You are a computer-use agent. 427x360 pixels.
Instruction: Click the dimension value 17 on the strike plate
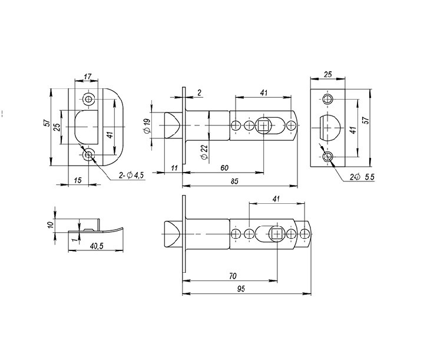click(87, 77)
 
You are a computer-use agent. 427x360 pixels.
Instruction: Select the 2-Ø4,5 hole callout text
click(131, 175)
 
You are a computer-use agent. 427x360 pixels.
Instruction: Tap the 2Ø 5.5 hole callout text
click(362, 177)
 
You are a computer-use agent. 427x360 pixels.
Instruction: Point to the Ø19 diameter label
click(147, 126)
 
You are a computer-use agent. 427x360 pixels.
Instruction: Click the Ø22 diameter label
click(204, 152)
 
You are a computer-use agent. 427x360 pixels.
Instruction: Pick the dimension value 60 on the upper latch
click(224, 168)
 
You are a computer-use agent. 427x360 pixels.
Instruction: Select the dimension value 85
click(234, 181)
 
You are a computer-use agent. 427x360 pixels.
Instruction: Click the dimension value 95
click(241, 289)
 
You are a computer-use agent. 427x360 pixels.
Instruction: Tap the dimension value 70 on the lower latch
click(233, 276)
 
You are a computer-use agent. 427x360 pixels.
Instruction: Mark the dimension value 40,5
click(97, 246)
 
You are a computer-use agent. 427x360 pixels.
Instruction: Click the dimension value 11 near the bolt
click(174, 168)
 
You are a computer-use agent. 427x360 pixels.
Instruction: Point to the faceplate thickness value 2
click(199, 93)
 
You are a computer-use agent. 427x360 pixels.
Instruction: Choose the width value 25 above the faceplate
click(328, 74)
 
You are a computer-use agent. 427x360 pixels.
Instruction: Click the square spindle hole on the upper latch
click(264, 125)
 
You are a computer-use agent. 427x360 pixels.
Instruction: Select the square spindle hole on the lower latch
click(277, 234)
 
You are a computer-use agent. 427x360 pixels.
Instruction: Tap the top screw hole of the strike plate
click(88, 98)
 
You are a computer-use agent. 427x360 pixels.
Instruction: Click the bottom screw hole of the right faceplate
click(327, 157)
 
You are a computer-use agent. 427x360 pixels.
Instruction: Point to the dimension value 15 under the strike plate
click(78, 180)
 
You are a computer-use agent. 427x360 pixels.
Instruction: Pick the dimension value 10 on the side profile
click(51, 224)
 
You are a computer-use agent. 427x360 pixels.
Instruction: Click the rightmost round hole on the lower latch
click(305, 234)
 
